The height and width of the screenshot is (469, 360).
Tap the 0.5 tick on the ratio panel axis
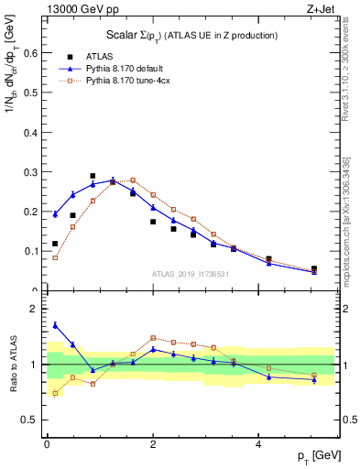(x=33, y=420)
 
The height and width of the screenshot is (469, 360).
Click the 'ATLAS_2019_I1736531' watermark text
(x=190, y=273)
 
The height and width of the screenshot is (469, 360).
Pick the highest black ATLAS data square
(x=93, y=176)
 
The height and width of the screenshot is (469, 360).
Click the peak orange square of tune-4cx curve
(x=133, y=180)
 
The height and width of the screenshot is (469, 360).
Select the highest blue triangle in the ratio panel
(x=55, y=324)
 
